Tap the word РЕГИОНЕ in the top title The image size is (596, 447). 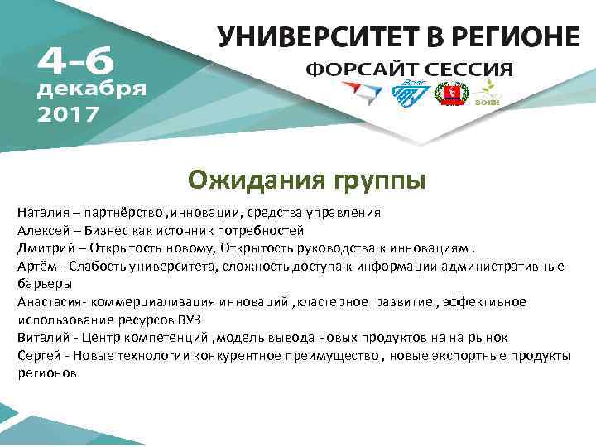(519, 37)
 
